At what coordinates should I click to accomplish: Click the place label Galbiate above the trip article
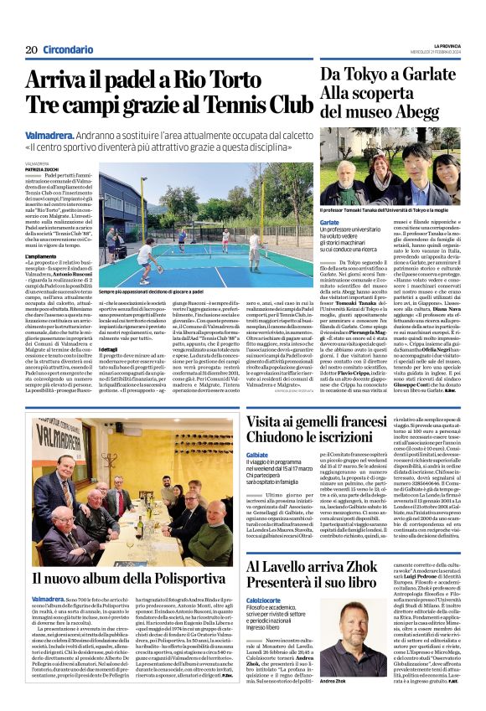tap(258, 456)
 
